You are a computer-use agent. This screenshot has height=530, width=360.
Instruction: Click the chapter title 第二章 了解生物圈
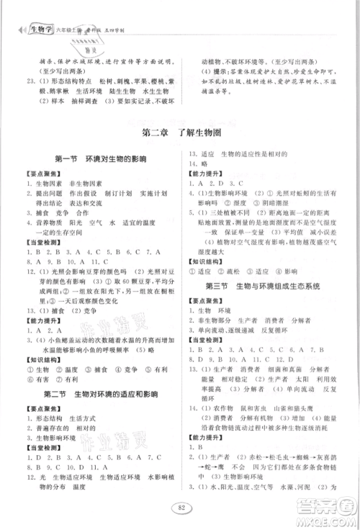(x=179, y=132)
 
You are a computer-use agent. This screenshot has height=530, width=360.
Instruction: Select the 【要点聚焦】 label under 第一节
(x=40, y=173)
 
